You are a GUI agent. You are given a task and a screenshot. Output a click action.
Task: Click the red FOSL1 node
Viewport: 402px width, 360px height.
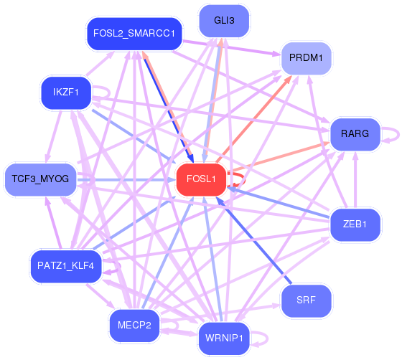tap(201, 179)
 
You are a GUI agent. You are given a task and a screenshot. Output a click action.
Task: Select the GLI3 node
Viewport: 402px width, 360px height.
tap(224, 21)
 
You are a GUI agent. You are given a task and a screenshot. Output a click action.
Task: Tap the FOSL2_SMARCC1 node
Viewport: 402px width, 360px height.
tap(134, 34)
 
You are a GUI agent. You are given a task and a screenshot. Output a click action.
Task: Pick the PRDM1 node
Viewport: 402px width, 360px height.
tap(306, 58)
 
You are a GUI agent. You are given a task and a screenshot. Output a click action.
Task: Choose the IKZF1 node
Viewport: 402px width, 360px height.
tap(66, 93)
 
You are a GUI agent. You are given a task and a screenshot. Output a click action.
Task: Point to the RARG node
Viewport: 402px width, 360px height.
tap(355, 134)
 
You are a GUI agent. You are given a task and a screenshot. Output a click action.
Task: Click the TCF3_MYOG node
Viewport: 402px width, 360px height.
tap(40, 179)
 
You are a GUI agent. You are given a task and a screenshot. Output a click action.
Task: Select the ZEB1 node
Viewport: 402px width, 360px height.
tap(355, 224)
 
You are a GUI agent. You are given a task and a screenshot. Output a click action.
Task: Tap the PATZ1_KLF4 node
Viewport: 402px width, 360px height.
tap(66, 266)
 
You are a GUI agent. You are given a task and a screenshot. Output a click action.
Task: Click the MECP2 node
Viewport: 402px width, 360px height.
tap(134, 326)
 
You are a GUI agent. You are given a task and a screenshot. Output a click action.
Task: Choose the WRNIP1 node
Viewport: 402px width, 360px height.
tap(224, 338)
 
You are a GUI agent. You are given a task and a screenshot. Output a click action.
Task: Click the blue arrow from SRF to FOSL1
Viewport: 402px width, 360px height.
tap(254, 240)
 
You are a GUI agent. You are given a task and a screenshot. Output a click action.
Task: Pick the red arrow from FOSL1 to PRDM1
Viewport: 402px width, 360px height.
tap(254, 119)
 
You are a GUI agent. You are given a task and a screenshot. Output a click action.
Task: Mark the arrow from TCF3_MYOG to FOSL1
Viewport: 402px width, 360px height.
tap(126, 180)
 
